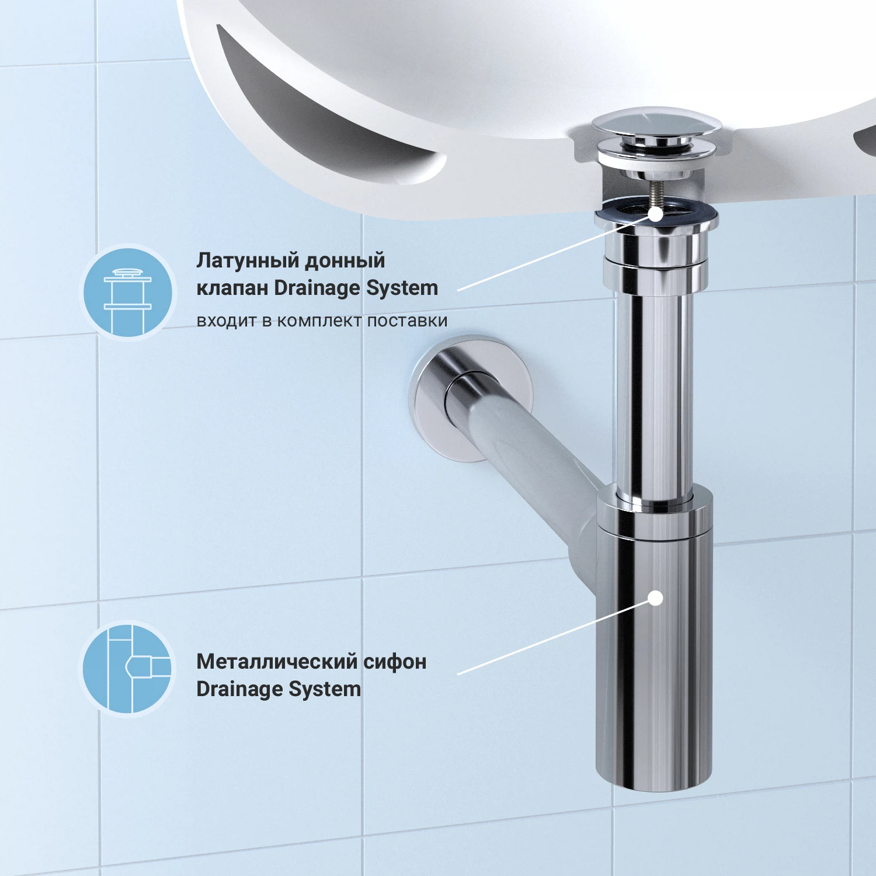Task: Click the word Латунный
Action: point(246,260)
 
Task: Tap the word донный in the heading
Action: point(345,260)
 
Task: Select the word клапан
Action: point(232,288)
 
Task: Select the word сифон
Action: point(395,662)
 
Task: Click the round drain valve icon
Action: point(128,292)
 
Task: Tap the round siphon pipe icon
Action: point(128,669)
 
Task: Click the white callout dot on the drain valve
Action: point(656,214)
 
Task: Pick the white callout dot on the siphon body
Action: point(656,598)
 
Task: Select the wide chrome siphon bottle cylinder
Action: point(654,642)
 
